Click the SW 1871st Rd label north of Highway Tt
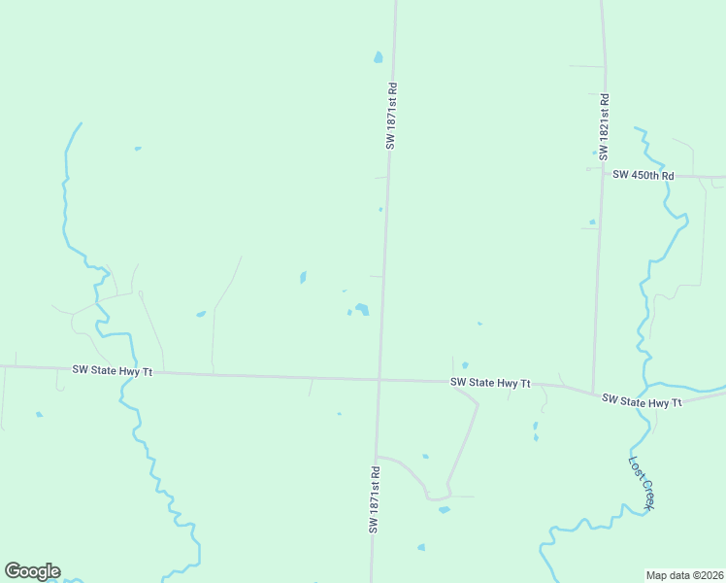[x=391, y=115]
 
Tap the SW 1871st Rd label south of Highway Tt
[x=373, y=498]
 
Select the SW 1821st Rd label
[x=604, y=126]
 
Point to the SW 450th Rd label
[x=643, y=175]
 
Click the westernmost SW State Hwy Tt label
[x=113, y=370]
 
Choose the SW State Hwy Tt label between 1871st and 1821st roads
[x=490, y=383]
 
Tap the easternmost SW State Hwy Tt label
[x=642, y=399]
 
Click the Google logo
[x=32, y=571]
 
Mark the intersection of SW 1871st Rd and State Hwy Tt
[x=379, y=379]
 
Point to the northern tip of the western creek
[x=80, y=123]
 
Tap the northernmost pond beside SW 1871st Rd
[x=378, y=57]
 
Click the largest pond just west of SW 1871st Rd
[x=362, y=309]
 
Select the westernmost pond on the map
[x=39, y=415]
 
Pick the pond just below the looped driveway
[x=444, y=509]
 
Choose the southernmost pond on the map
[x=421, y=547]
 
